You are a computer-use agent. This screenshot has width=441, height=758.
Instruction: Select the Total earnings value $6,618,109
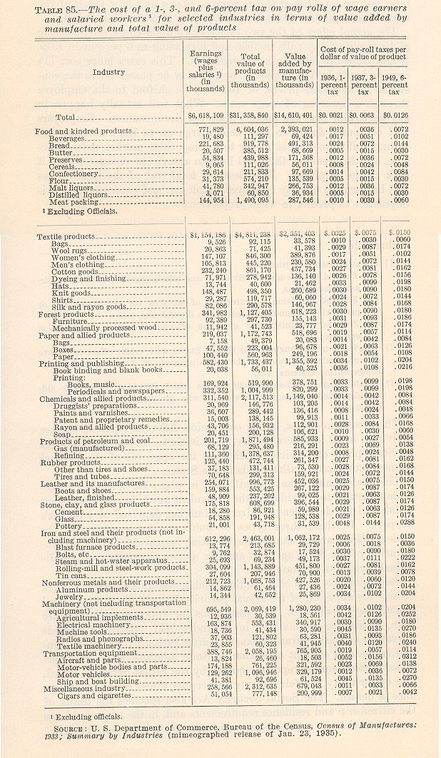click(x=205, y=114)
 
